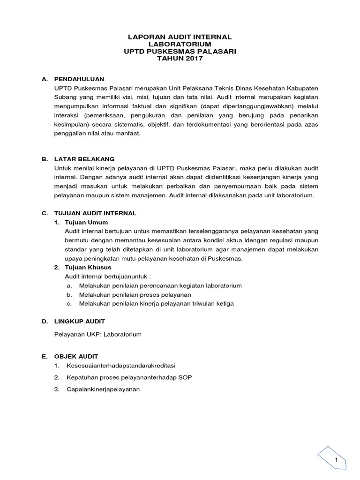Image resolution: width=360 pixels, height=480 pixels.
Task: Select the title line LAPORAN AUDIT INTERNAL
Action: tap(180, 37)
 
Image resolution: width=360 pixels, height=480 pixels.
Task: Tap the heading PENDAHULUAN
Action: tap(79, 79)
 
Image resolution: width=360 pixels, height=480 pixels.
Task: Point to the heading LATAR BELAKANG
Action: tap(84, 159)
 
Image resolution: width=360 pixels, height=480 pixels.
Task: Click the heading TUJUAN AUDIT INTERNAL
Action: tap(95, 213)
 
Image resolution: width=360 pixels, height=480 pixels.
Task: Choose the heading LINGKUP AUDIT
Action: tap(80, 321)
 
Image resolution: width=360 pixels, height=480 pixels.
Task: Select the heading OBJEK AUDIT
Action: tap(76, 356)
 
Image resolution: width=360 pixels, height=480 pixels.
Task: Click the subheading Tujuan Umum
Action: tap(87, 222)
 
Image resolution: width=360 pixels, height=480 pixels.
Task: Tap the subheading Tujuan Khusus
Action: tap(89, 267)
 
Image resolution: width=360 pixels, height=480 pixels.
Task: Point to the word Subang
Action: tap(65, 97)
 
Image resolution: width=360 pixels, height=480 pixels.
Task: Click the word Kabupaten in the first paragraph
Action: tap(298, 88)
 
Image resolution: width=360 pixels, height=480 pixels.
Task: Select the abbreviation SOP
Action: tap(186, 377)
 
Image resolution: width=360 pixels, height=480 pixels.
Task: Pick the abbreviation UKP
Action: tap(93, 335)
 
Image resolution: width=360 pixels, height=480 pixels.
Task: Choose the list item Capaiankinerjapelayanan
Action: tap(104, 389)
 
